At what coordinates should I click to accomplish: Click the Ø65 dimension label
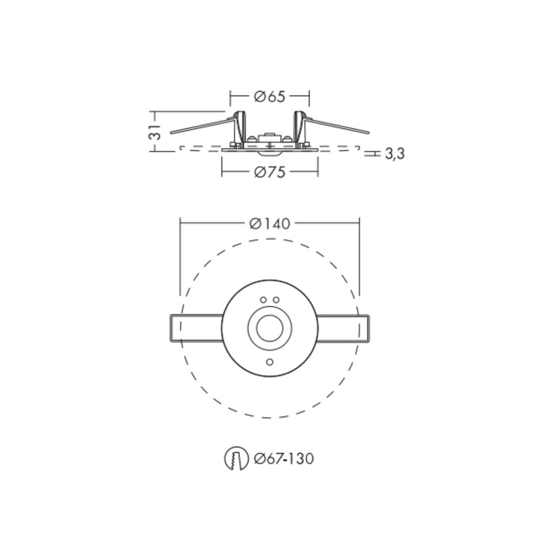[x=270, y=96]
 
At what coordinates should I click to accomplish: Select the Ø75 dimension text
[x=270, y=172]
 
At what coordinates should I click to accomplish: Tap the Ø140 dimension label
[x=270, y=224]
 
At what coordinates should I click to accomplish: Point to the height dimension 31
[x=155, y=132]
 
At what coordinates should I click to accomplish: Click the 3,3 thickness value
[x=395, y=154]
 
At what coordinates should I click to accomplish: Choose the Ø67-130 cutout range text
[x=284, y=459]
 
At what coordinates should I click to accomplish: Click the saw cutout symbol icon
[x=236, y=459]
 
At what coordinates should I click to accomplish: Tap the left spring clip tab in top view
[x=196, y=328]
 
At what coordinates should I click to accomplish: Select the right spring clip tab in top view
[x=343, y=328]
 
